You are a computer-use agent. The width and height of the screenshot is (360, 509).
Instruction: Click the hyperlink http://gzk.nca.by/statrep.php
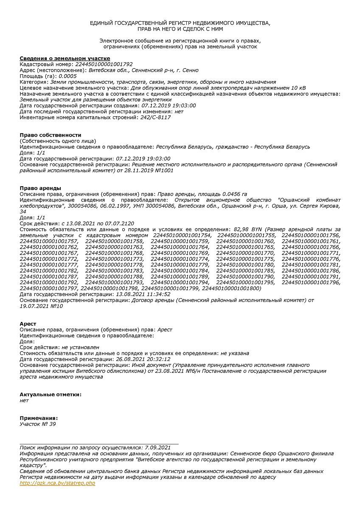[x=57, y=483]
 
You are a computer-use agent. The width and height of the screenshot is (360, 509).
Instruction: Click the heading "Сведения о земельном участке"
[x=65, y=58]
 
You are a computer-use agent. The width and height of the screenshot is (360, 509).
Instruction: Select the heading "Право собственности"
[x=51, y=135]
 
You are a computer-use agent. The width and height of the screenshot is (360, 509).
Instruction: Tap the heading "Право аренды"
[x=40, y=188]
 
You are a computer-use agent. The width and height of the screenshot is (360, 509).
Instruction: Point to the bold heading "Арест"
[x=28, y=324]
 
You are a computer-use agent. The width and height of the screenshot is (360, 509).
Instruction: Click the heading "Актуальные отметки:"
[x=51, y=394]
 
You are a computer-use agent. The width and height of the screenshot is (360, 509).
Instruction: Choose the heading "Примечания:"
[x=39, y=418]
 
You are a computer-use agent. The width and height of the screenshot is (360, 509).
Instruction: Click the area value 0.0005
[x=67, y=76]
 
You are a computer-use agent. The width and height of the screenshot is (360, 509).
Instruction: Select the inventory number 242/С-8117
[x=155, y=117]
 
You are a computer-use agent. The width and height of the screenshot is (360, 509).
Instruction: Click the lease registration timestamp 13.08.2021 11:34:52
[x=143, y=294]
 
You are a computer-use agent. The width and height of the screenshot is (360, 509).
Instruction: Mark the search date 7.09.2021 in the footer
[x=157, y=447]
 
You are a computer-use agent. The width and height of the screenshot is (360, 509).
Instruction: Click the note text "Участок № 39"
[x=38, y=424]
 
